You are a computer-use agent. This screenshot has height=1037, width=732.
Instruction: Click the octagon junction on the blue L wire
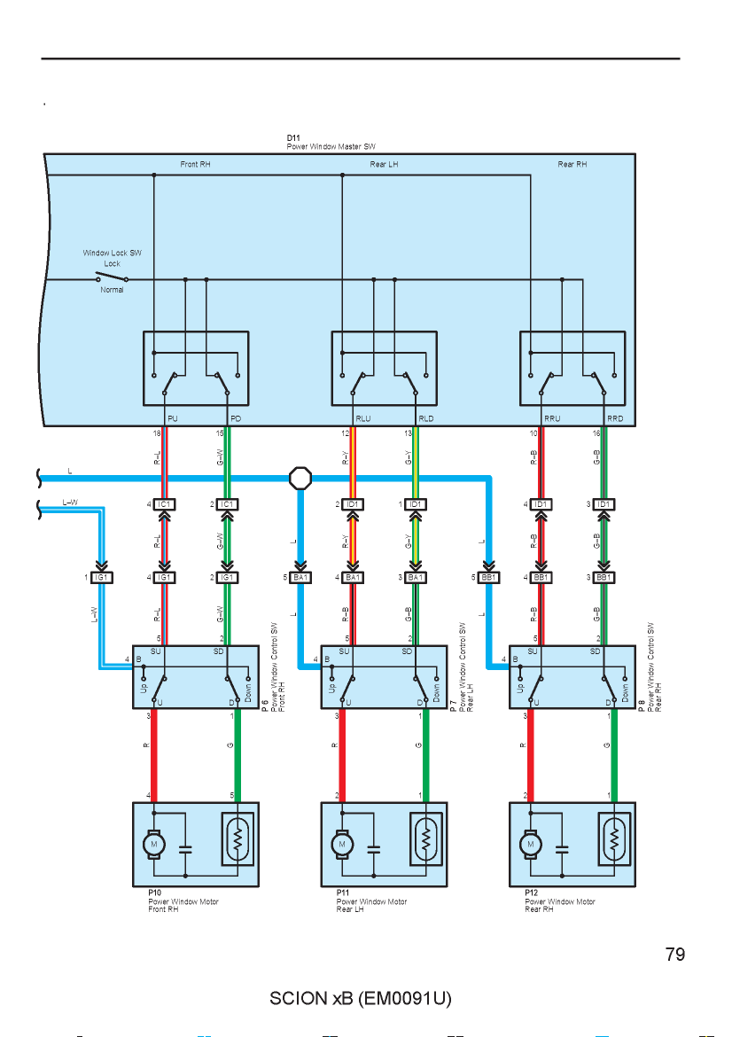click(300, 478)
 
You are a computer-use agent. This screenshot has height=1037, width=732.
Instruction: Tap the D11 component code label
click(293, 138)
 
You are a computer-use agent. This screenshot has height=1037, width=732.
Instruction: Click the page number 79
click(675, 955)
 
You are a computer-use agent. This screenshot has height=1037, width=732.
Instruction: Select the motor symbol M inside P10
click(154, 845)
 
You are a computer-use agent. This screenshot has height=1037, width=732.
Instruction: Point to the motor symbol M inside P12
click(530, 845)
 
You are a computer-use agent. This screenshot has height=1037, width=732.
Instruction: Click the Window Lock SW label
click(112, 253)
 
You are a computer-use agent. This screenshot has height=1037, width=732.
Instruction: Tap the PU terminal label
click(173, 418)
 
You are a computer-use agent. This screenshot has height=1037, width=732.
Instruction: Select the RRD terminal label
click(615, 418)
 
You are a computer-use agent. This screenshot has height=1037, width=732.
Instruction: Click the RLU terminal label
click(363, 418)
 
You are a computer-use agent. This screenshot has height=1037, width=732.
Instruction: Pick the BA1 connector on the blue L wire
click(300, 577)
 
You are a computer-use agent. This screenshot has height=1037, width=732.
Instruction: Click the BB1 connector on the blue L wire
click(488, 577)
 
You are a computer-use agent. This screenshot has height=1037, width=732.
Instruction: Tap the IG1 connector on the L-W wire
click(101, 577)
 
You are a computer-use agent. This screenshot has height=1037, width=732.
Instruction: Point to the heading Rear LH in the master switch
click(384, 164)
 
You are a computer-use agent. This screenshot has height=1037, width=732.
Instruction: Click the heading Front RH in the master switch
click(195, 164)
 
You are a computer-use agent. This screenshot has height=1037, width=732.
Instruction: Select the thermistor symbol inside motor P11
click(426, 839)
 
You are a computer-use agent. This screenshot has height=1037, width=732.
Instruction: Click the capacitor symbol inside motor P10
click(185, 848)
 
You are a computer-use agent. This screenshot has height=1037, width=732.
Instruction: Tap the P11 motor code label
click(343, 893)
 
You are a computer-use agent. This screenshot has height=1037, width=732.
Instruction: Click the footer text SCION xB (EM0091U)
click(361, 998)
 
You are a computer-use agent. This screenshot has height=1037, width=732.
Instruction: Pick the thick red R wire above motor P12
click(530, 755)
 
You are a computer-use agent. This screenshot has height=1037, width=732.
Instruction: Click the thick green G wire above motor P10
click(238, 755)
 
